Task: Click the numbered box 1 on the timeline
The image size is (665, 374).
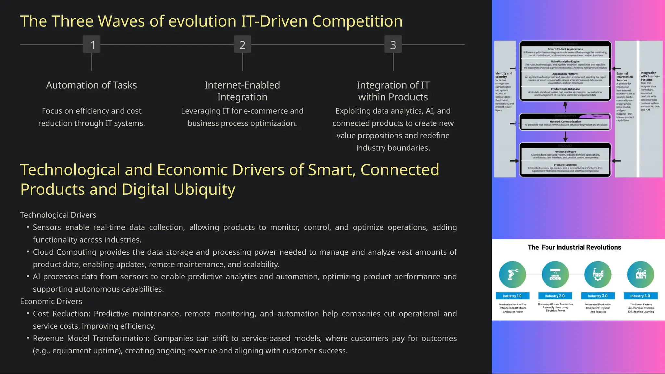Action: (92, 44)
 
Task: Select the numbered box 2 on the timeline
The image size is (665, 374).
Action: (242, 44)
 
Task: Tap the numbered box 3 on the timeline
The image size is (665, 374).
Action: (393, 44)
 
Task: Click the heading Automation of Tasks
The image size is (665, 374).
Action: (92, 85)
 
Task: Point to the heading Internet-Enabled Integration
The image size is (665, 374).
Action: (242, 91)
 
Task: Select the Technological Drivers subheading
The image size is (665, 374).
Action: (58, 215)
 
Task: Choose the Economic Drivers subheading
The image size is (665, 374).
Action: (51, 301)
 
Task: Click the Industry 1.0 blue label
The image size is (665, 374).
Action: (512, 296)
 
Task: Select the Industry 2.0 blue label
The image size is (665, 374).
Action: (555, 296)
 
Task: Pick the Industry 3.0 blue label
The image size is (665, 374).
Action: (597, 296)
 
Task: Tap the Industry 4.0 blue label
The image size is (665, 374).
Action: (640, 296)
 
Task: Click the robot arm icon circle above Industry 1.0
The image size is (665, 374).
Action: (512, 275)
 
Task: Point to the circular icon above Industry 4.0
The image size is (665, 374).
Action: (640, 275)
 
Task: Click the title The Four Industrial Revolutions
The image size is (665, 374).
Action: (574, 247)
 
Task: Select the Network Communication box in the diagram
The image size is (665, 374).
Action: (565, 123)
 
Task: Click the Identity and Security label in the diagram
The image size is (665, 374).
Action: (503, 75)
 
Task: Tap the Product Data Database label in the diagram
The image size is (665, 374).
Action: (565, 89)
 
